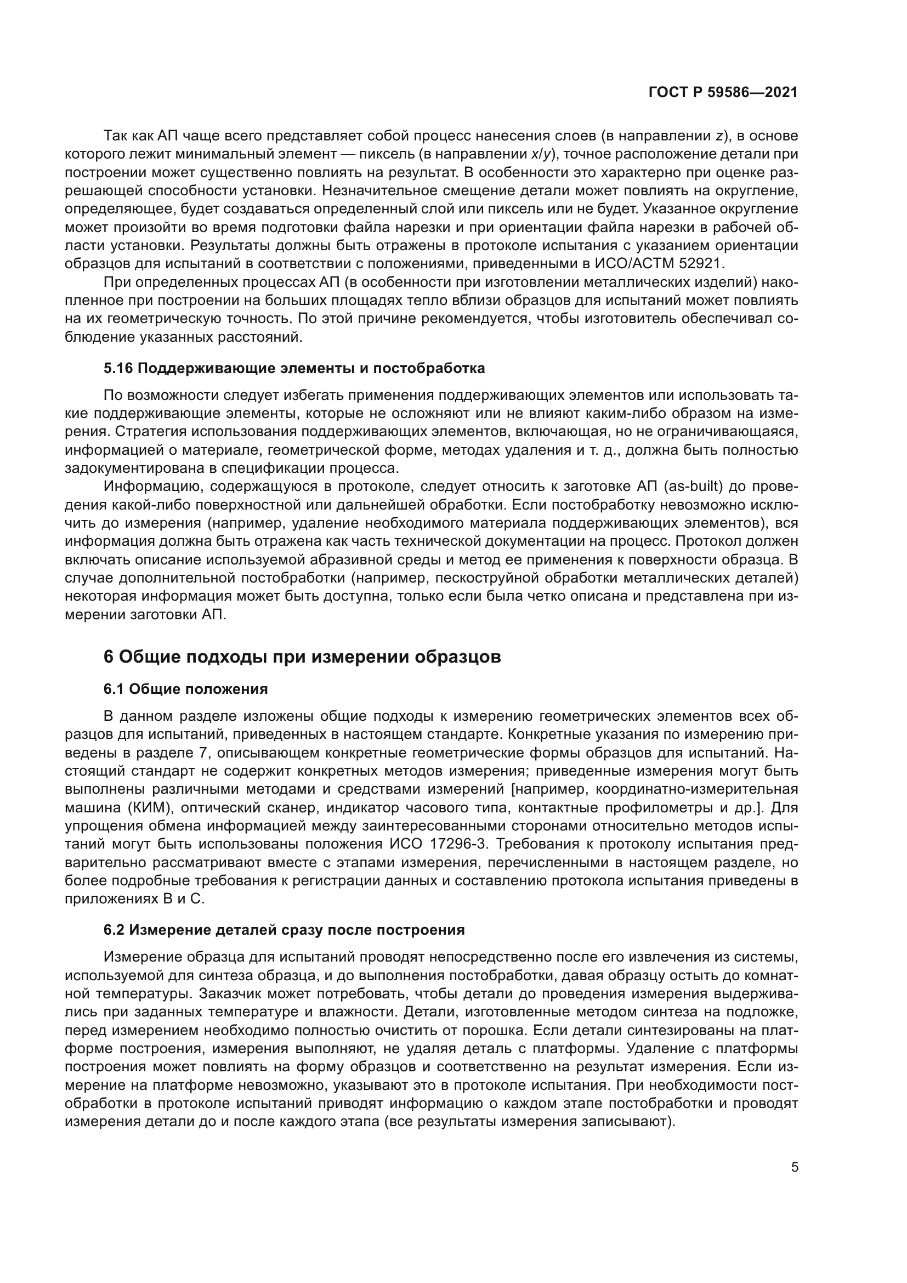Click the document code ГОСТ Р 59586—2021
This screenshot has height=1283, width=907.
(x=723, y=93)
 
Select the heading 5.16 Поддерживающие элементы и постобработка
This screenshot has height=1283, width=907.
(x=294, y=368)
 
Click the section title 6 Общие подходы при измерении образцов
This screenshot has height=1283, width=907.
(x=302, y=657)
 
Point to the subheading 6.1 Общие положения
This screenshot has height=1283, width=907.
(x=185, y=689)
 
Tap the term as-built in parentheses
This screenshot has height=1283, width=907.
(x=694, y=487)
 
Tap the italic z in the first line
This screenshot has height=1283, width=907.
(x=719, y=136)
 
